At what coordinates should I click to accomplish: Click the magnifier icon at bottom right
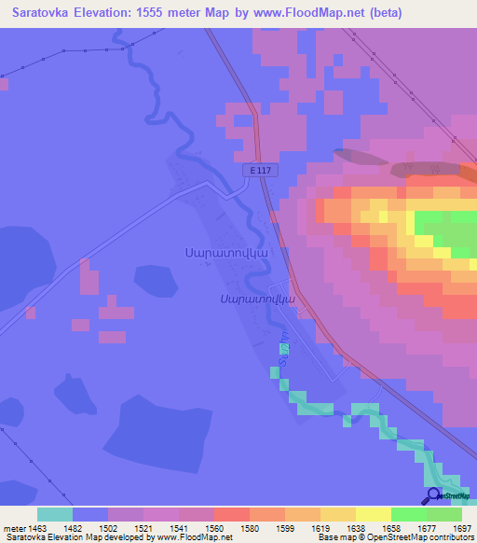[433, 495]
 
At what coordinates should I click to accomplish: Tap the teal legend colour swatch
[55, 514]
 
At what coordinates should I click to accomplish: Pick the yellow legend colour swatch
[373, 514]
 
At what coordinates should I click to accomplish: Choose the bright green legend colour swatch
[408, 514]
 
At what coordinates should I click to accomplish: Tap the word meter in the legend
[16, 528]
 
